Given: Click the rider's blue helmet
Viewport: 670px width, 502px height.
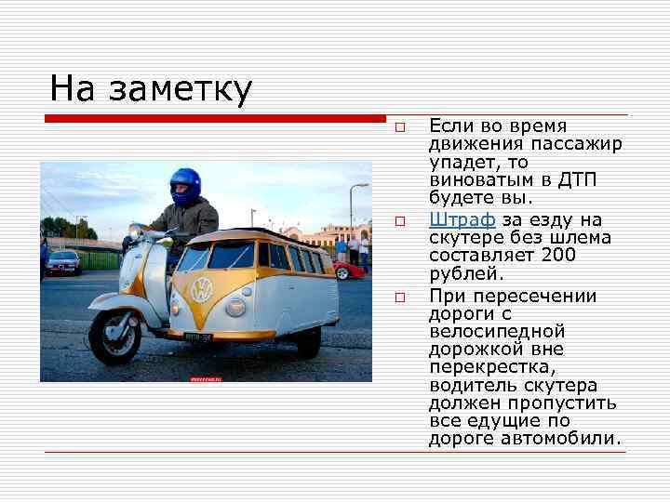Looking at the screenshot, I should [185, 186].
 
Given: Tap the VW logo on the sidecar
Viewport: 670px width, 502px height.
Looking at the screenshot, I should [201, 289].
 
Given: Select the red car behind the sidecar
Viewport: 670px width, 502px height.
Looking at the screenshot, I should [349, 271].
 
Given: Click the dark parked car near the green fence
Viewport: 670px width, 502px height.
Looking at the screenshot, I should [63, 262].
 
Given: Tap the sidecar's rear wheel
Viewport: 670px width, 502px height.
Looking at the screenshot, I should [309, 341].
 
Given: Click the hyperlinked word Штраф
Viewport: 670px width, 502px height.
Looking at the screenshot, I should [462, 220].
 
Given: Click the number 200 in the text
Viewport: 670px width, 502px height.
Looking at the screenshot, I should [557, 256].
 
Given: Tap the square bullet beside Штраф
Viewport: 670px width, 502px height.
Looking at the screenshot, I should [398, 221].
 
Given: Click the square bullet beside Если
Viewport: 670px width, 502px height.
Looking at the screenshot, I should [398, 126].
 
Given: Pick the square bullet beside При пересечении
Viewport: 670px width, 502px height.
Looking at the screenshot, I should [398, 297].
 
